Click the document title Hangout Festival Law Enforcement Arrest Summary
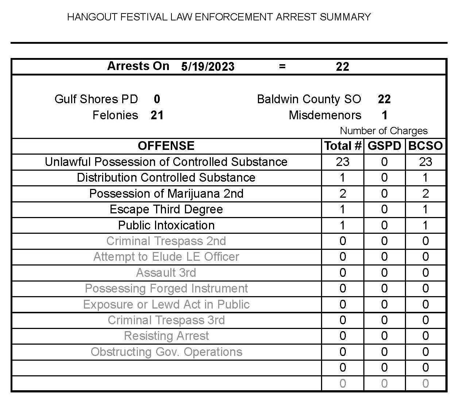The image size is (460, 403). pos(219,17)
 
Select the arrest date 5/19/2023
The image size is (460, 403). pos(208,66)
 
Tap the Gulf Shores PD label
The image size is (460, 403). pos(96,99)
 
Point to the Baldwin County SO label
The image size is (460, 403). pos(309,99)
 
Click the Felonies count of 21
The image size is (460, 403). pos(157,115)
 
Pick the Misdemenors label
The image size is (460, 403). pos(325,115)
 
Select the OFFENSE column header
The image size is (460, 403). pos(166,146)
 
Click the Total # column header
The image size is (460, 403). pos(343,146)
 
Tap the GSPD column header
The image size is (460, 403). pos(384,146)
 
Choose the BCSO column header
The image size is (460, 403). pos(425,146)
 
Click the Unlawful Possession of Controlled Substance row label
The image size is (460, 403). pos(166,162)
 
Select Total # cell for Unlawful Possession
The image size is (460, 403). pos(343,162)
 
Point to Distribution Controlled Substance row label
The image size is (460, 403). pos(166,178)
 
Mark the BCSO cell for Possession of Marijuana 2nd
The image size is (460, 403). pos(425,193)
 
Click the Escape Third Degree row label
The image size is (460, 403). pos(166,209)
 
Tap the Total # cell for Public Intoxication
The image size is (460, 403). pos(343,225)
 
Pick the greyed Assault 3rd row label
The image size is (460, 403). pos(166,272)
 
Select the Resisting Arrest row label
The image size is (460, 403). pos(166,336)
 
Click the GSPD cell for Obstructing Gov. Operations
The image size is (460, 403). pos(384,352)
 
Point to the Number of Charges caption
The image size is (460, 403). pos(383,131)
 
